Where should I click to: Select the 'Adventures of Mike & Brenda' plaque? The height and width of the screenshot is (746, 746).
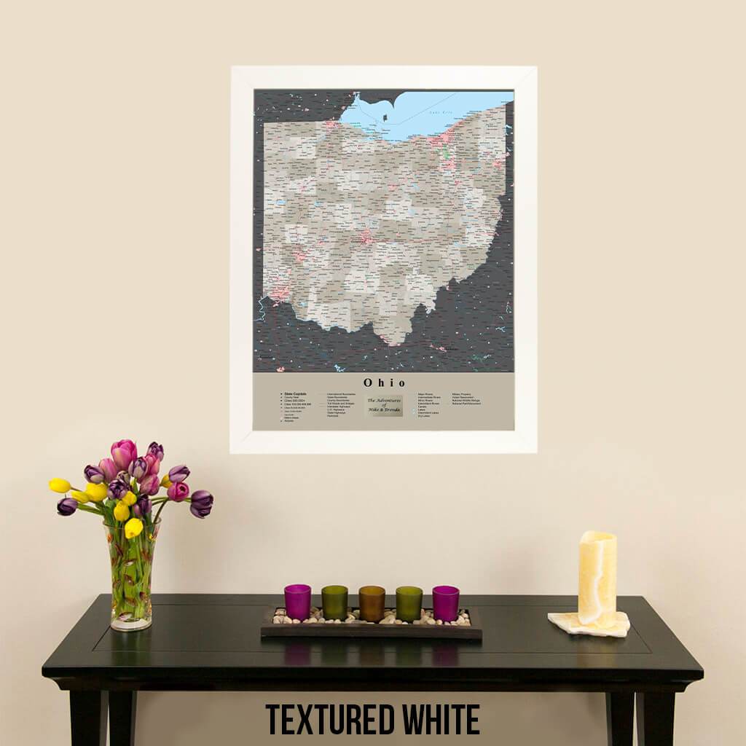pyautogui.click(x=384, y=406)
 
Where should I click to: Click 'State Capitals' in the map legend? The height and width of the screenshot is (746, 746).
pyautogui.click(x=295, y=393)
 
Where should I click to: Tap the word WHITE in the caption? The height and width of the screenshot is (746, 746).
pyautogui.click(x=441, y=720)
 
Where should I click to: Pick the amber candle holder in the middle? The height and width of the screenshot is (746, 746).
pyautogui.click(x=372, y=603)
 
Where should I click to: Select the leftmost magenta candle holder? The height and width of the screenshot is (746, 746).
pyautogui.click(x=297, y=602)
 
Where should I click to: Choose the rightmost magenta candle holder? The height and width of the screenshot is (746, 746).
pyautogui.click(x=446, y=602)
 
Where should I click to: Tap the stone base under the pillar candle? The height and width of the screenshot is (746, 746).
pyautogui.click(x=589, y=624)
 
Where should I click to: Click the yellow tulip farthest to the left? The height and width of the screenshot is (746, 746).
pyautogui.click(x=60, y=485)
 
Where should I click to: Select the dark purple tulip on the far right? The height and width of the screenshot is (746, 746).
pyautogui.click(x=201, y=503)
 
